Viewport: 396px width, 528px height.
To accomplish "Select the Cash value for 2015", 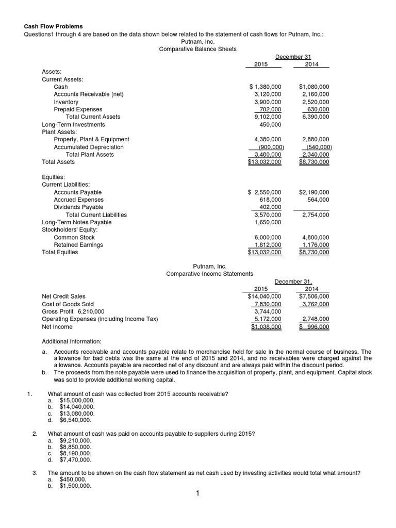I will (x=265, y=87).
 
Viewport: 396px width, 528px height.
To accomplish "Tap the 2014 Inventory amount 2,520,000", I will (x=314, y=102).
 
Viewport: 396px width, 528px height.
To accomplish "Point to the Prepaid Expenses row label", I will (x=78, y=109).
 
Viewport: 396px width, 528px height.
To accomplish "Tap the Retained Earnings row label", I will (x=78, y=245).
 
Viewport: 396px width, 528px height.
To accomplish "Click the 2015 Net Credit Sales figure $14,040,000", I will (x=265, y=296).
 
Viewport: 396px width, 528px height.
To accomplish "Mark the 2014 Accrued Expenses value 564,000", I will (x=318, y=200).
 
